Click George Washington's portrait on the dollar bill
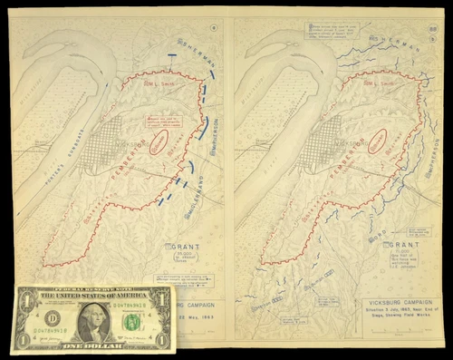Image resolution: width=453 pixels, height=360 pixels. click(93, 318)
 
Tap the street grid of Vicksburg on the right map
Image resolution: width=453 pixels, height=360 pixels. click(312, 141)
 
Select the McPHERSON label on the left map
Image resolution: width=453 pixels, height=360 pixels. click(214, 136)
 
